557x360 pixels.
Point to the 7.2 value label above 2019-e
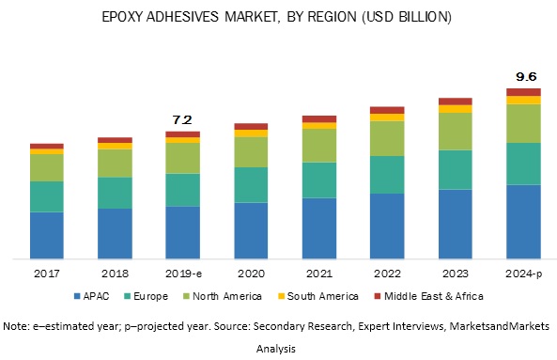click(182, 120)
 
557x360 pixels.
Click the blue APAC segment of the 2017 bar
click(46, 235)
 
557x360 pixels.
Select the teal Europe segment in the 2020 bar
click(251, 184)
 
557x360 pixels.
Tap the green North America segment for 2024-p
click(523, 123)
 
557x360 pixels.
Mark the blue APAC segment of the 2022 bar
click(387, 226)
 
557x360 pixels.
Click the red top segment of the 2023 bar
click(456, 102)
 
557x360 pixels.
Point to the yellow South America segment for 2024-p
click(523, 100)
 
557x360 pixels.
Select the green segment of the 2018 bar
click(115, 163)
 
